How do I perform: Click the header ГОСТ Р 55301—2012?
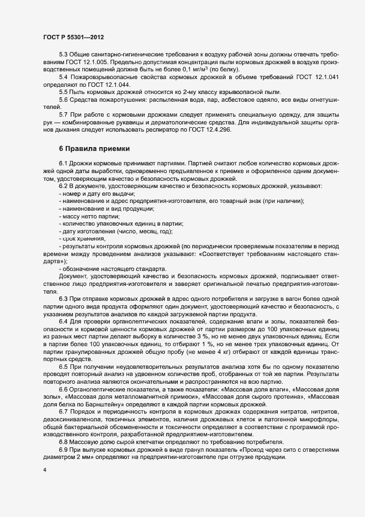tap(73, 37)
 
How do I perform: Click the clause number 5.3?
tap(64, 57)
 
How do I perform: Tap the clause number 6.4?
tap(64, 321)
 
